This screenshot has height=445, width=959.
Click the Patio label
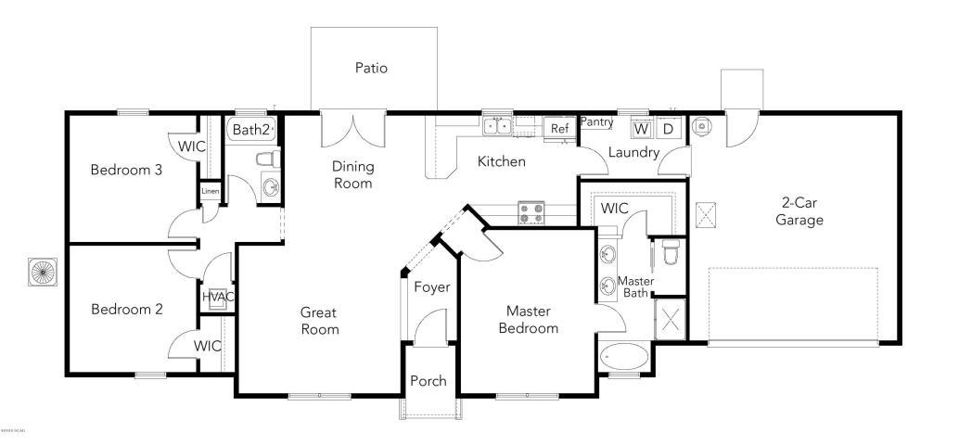tap(371, 68)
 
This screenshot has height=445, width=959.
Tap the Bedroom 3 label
tap(127, 170)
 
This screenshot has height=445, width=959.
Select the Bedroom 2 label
tap(127, 310)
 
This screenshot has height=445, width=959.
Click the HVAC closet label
tap(218, 297)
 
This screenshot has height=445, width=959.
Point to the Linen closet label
tap(209, 193)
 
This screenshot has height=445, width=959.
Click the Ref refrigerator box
tap(559, 129)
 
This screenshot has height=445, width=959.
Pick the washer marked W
tap(641, 128)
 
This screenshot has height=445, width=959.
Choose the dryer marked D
tap(668, 128)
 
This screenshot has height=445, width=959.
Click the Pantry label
tap(596, 122)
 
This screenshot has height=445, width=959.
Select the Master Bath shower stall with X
tap(671, 317)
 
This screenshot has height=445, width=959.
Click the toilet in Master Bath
tap(671, 250)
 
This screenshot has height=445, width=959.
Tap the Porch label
tap(428, 381)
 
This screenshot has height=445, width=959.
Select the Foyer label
tap(431, 287)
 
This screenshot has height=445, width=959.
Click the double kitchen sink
tap(498, 124)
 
